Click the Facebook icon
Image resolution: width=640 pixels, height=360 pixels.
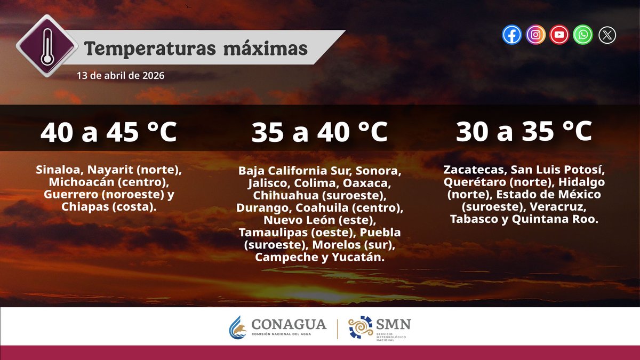coord(512,35)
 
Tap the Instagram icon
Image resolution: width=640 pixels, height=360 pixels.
coord(535,35)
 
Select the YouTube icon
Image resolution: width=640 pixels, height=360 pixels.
coord(559,35)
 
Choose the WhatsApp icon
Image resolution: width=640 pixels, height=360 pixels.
coord(583,35)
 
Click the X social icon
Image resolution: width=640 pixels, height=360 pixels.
coord(607,35)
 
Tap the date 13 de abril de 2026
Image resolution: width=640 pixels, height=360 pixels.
coord(120,76)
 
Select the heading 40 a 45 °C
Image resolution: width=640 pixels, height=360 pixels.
coord(109,132)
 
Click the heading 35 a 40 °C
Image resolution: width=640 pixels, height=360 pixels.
coord(319,132)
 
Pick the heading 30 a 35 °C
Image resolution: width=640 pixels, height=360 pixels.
coord(524,132)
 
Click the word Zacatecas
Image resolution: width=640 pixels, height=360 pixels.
coord(474,170)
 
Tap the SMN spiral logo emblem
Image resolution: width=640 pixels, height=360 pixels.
coord(361,327)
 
